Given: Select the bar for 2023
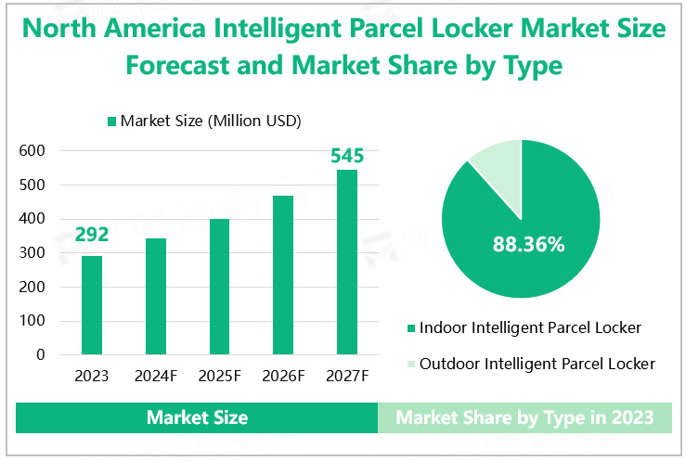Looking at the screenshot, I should [92, 305].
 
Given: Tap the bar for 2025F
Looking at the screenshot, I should [219, 287].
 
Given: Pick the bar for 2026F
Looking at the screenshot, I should [283, 275].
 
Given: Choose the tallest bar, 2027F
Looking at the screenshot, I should [346, 262].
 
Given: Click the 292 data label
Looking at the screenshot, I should [92, 235].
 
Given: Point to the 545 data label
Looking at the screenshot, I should [347, 155].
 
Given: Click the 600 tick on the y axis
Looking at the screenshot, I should [32, 150].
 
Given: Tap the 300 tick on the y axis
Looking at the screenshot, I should [32, 252].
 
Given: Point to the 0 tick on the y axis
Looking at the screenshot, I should [41, 354].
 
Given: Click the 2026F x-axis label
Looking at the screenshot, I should [283, 377].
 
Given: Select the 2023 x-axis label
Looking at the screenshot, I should [92, 377].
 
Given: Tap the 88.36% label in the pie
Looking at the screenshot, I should [527, 245].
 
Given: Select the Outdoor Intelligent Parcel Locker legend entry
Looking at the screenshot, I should [537, 364].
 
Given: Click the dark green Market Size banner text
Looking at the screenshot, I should [197, 417].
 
